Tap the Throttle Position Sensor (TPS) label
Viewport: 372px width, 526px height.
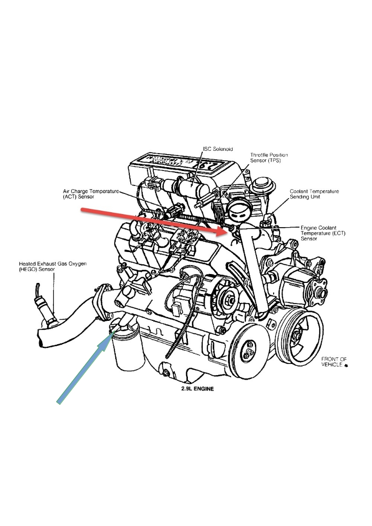point(269,158)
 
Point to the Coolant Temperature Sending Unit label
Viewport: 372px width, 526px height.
point(314,194)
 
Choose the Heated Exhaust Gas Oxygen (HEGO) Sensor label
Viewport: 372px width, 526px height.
point(52,267)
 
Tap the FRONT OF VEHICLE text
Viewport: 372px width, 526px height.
point(334,362)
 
